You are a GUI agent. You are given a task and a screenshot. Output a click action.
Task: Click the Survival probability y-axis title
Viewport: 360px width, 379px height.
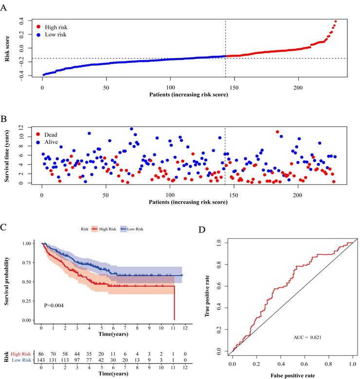[x=8, y=281]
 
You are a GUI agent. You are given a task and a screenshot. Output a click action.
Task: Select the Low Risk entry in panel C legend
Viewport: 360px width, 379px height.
[x=136, y=228]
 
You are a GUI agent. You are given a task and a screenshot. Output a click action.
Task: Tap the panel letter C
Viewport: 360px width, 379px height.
[x=4, y=227]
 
